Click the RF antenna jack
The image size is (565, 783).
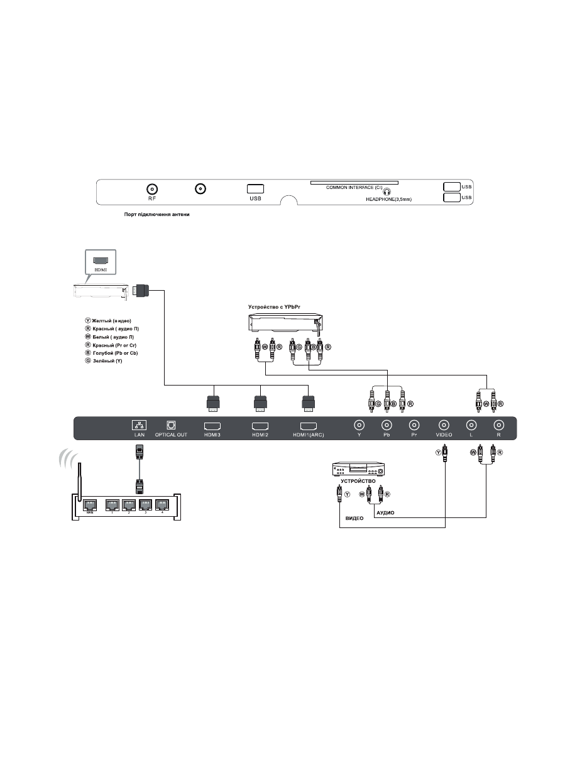(x=152, y=188)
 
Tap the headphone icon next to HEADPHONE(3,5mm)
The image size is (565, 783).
(x=388, y=193)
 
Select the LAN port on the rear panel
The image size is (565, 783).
(x=140, y=424)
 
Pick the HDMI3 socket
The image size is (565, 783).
(x=212, y=425)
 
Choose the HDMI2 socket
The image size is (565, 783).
(x=260, y=425)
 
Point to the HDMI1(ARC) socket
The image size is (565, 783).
(x=308, y=425)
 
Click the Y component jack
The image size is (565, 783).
(x=358, y=424)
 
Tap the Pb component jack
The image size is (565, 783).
(x=387, y=424)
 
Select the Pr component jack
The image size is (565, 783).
(x=414, y=424)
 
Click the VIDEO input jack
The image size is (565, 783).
(x=444, y=424)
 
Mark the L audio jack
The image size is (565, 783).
(x=470, y=424)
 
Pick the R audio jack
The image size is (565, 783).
(x=498, y=424)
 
